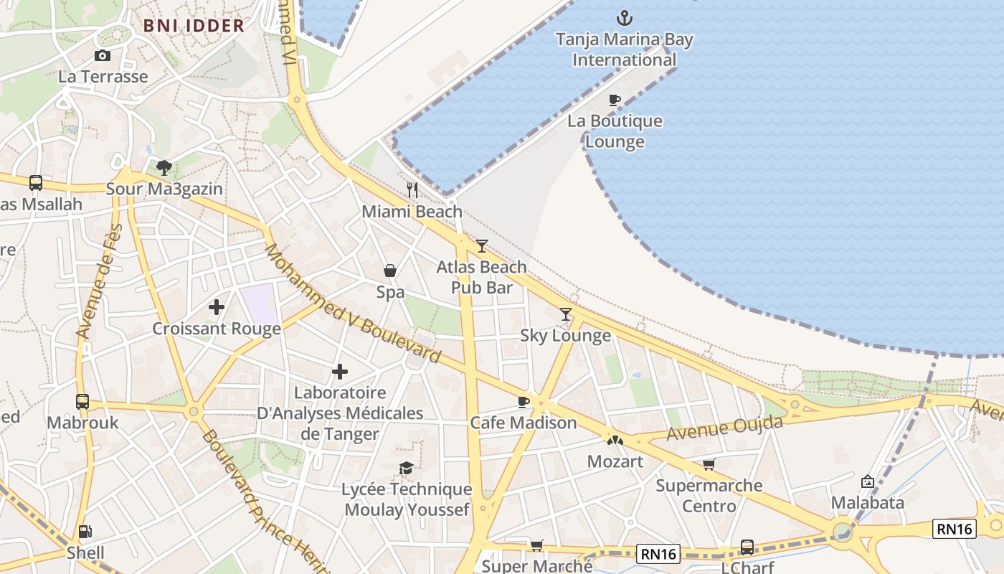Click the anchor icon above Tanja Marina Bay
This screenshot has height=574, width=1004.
point(624,17)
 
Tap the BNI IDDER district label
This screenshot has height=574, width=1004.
point(194,26)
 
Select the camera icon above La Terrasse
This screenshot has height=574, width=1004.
point(103,56)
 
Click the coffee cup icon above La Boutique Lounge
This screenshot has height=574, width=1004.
point(614,100)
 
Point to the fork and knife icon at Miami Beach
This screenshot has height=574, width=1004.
point(412,190)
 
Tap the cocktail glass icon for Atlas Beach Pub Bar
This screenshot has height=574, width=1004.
point(481,246)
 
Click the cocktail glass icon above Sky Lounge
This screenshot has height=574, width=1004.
point(566,314)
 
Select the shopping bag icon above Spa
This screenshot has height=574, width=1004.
point(390,270)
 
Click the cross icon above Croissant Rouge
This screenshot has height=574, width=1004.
point(216,308)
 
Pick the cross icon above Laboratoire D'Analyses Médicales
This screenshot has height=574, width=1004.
point(340,372)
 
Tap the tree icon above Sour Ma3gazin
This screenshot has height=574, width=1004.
point(164,168)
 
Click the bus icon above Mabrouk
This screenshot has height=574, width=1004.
point(82,402)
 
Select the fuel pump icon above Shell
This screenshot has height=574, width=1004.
point(85,532)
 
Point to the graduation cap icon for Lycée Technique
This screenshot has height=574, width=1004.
point(406,469)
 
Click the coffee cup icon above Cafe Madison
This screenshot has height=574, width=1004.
point(524,402)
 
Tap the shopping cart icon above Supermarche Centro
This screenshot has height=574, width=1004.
point(709,465)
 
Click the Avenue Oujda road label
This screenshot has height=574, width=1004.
point(724,428)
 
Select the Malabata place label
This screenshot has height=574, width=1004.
point(867,503)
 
